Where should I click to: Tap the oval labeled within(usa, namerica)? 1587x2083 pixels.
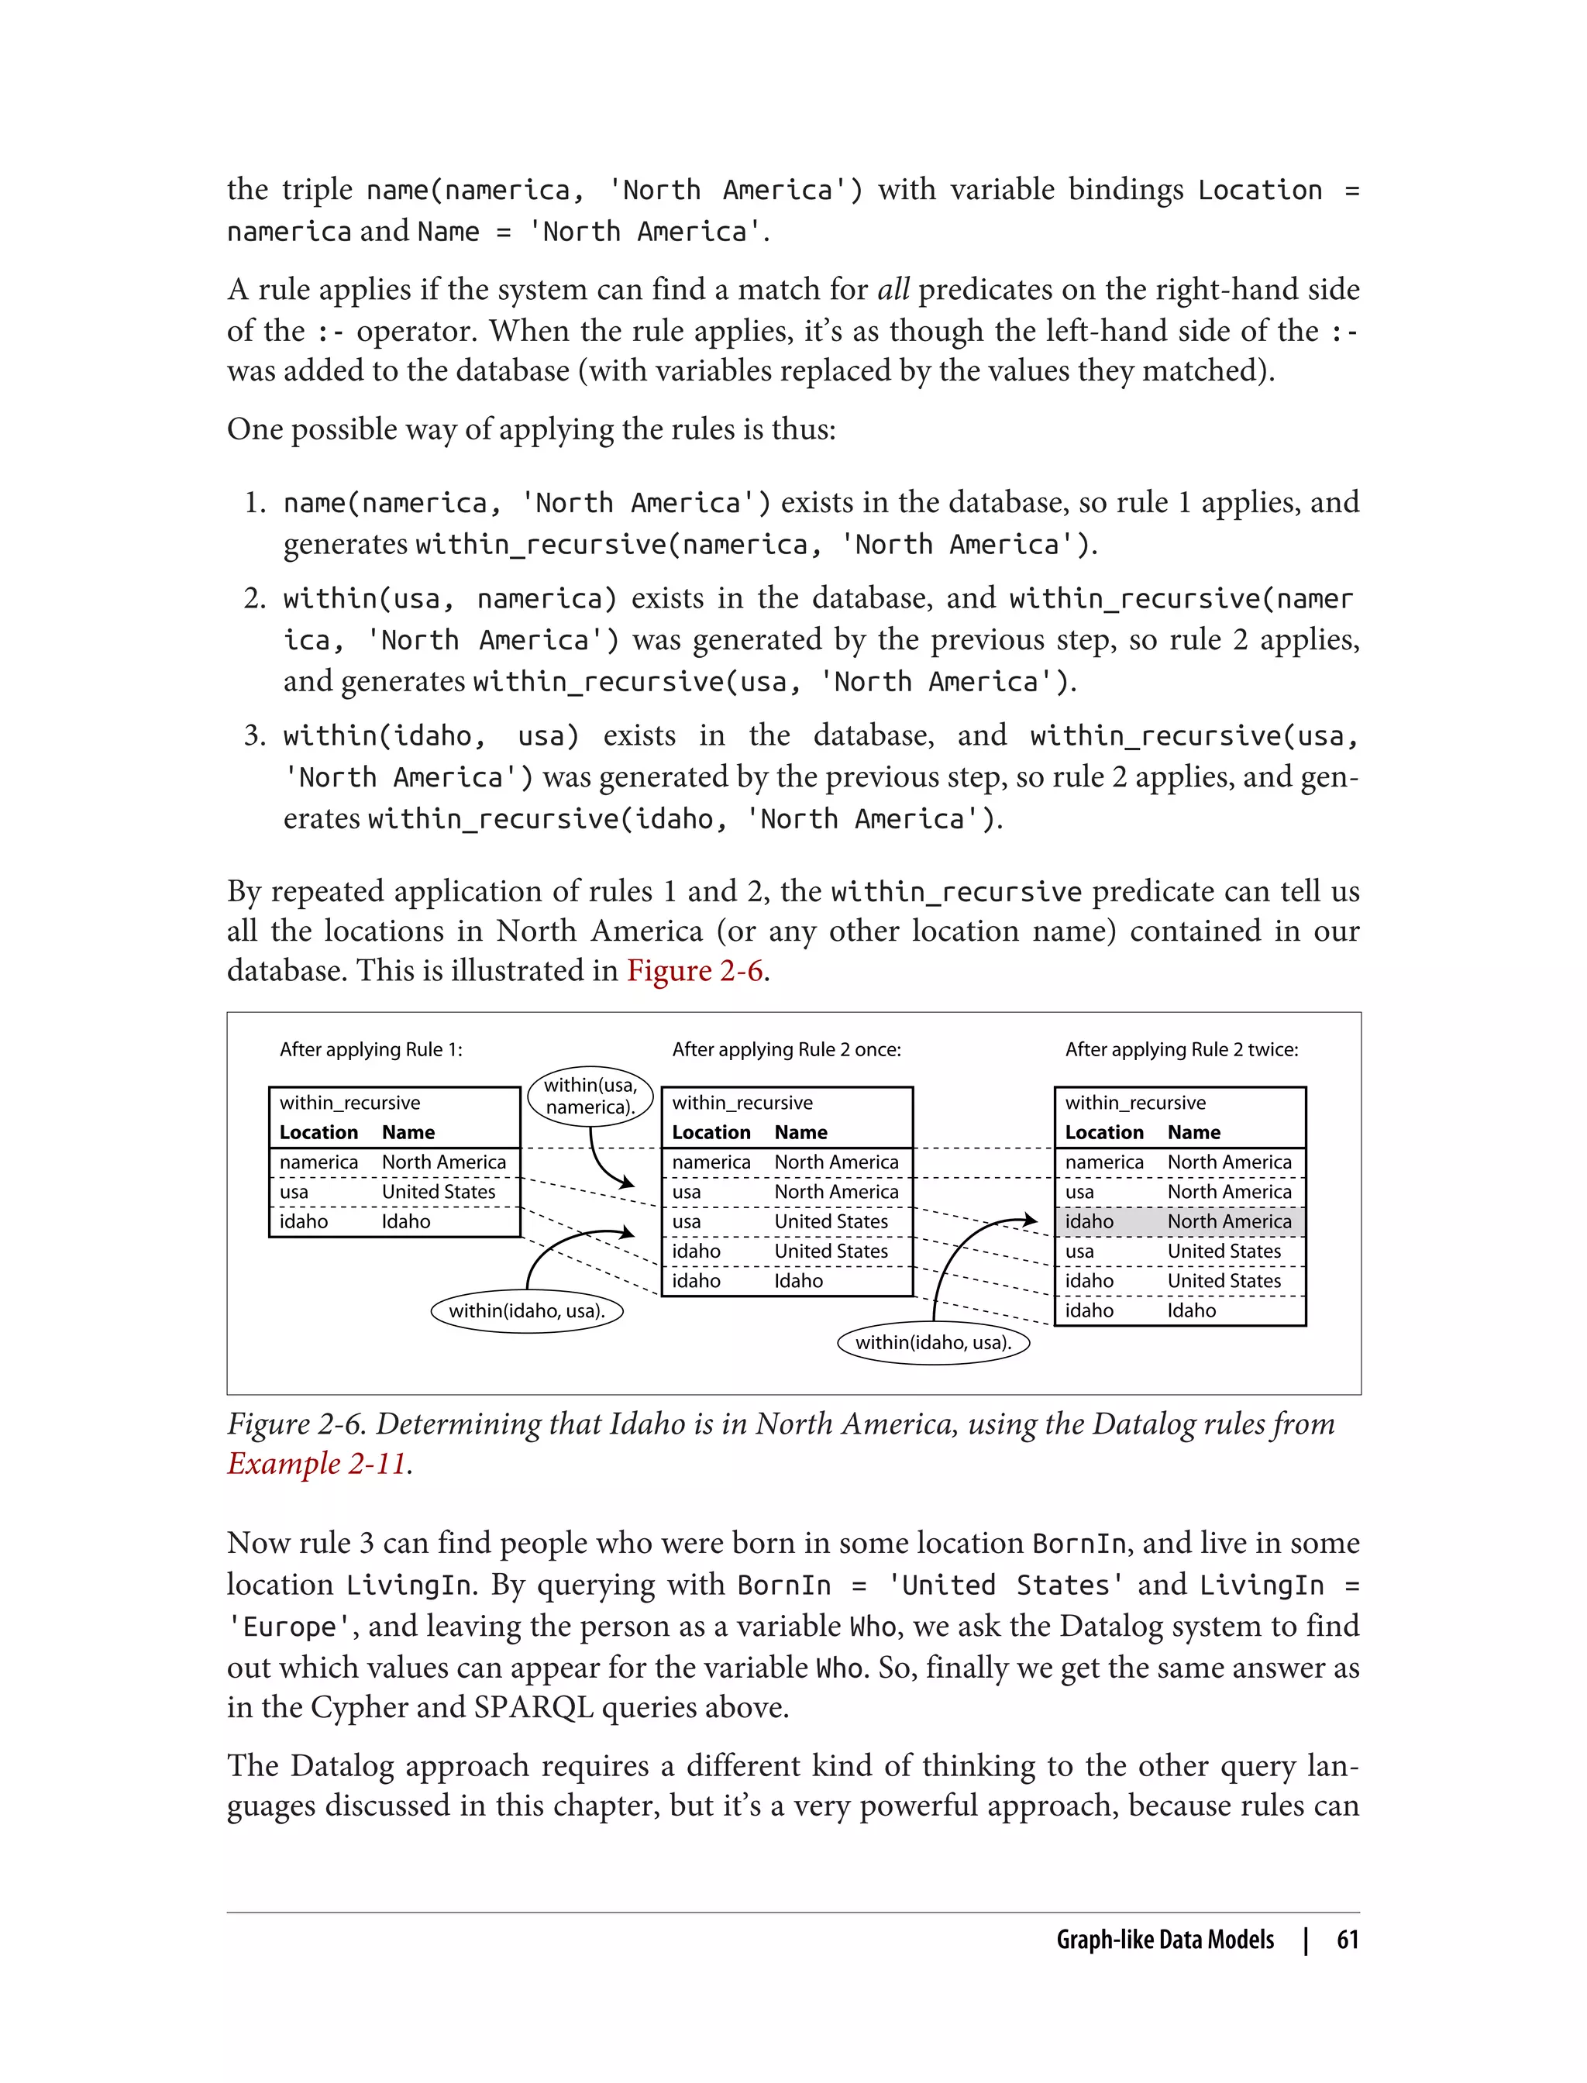tap(590, 1096)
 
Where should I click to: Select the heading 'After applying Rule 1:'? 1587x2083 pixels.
tap(371, 1049)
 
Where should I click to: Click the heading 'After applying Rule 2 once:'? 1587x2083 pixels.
tap(786, 1049)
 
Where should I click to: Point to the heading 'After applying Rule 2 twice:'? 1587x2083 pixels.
tap(1181, 1049)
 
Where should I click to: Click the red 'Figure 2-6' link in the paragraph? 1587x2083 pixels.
tap(694, 971)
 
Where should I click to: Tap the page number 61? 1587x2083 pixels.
tap(1347, 1940)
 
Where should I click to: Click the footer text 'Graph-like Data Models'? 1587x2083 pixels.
tap(1165, 1940)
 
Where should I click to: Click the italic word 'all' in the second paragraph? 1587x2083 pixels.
tap(893, 289)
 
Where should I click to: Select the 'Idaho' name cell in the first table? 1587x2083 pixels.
tap(406, 1221)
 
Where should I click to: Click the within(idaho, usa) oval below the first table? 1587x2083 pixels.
tap(527, 1311)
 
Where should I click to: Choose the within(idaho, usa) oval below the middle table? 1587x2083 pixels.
tap(933, 1342)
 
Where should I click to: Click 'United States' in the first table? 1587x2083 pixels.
tap(439, 1191)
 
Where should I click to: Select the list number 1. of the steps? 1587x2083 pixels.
tap(254, 503)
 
